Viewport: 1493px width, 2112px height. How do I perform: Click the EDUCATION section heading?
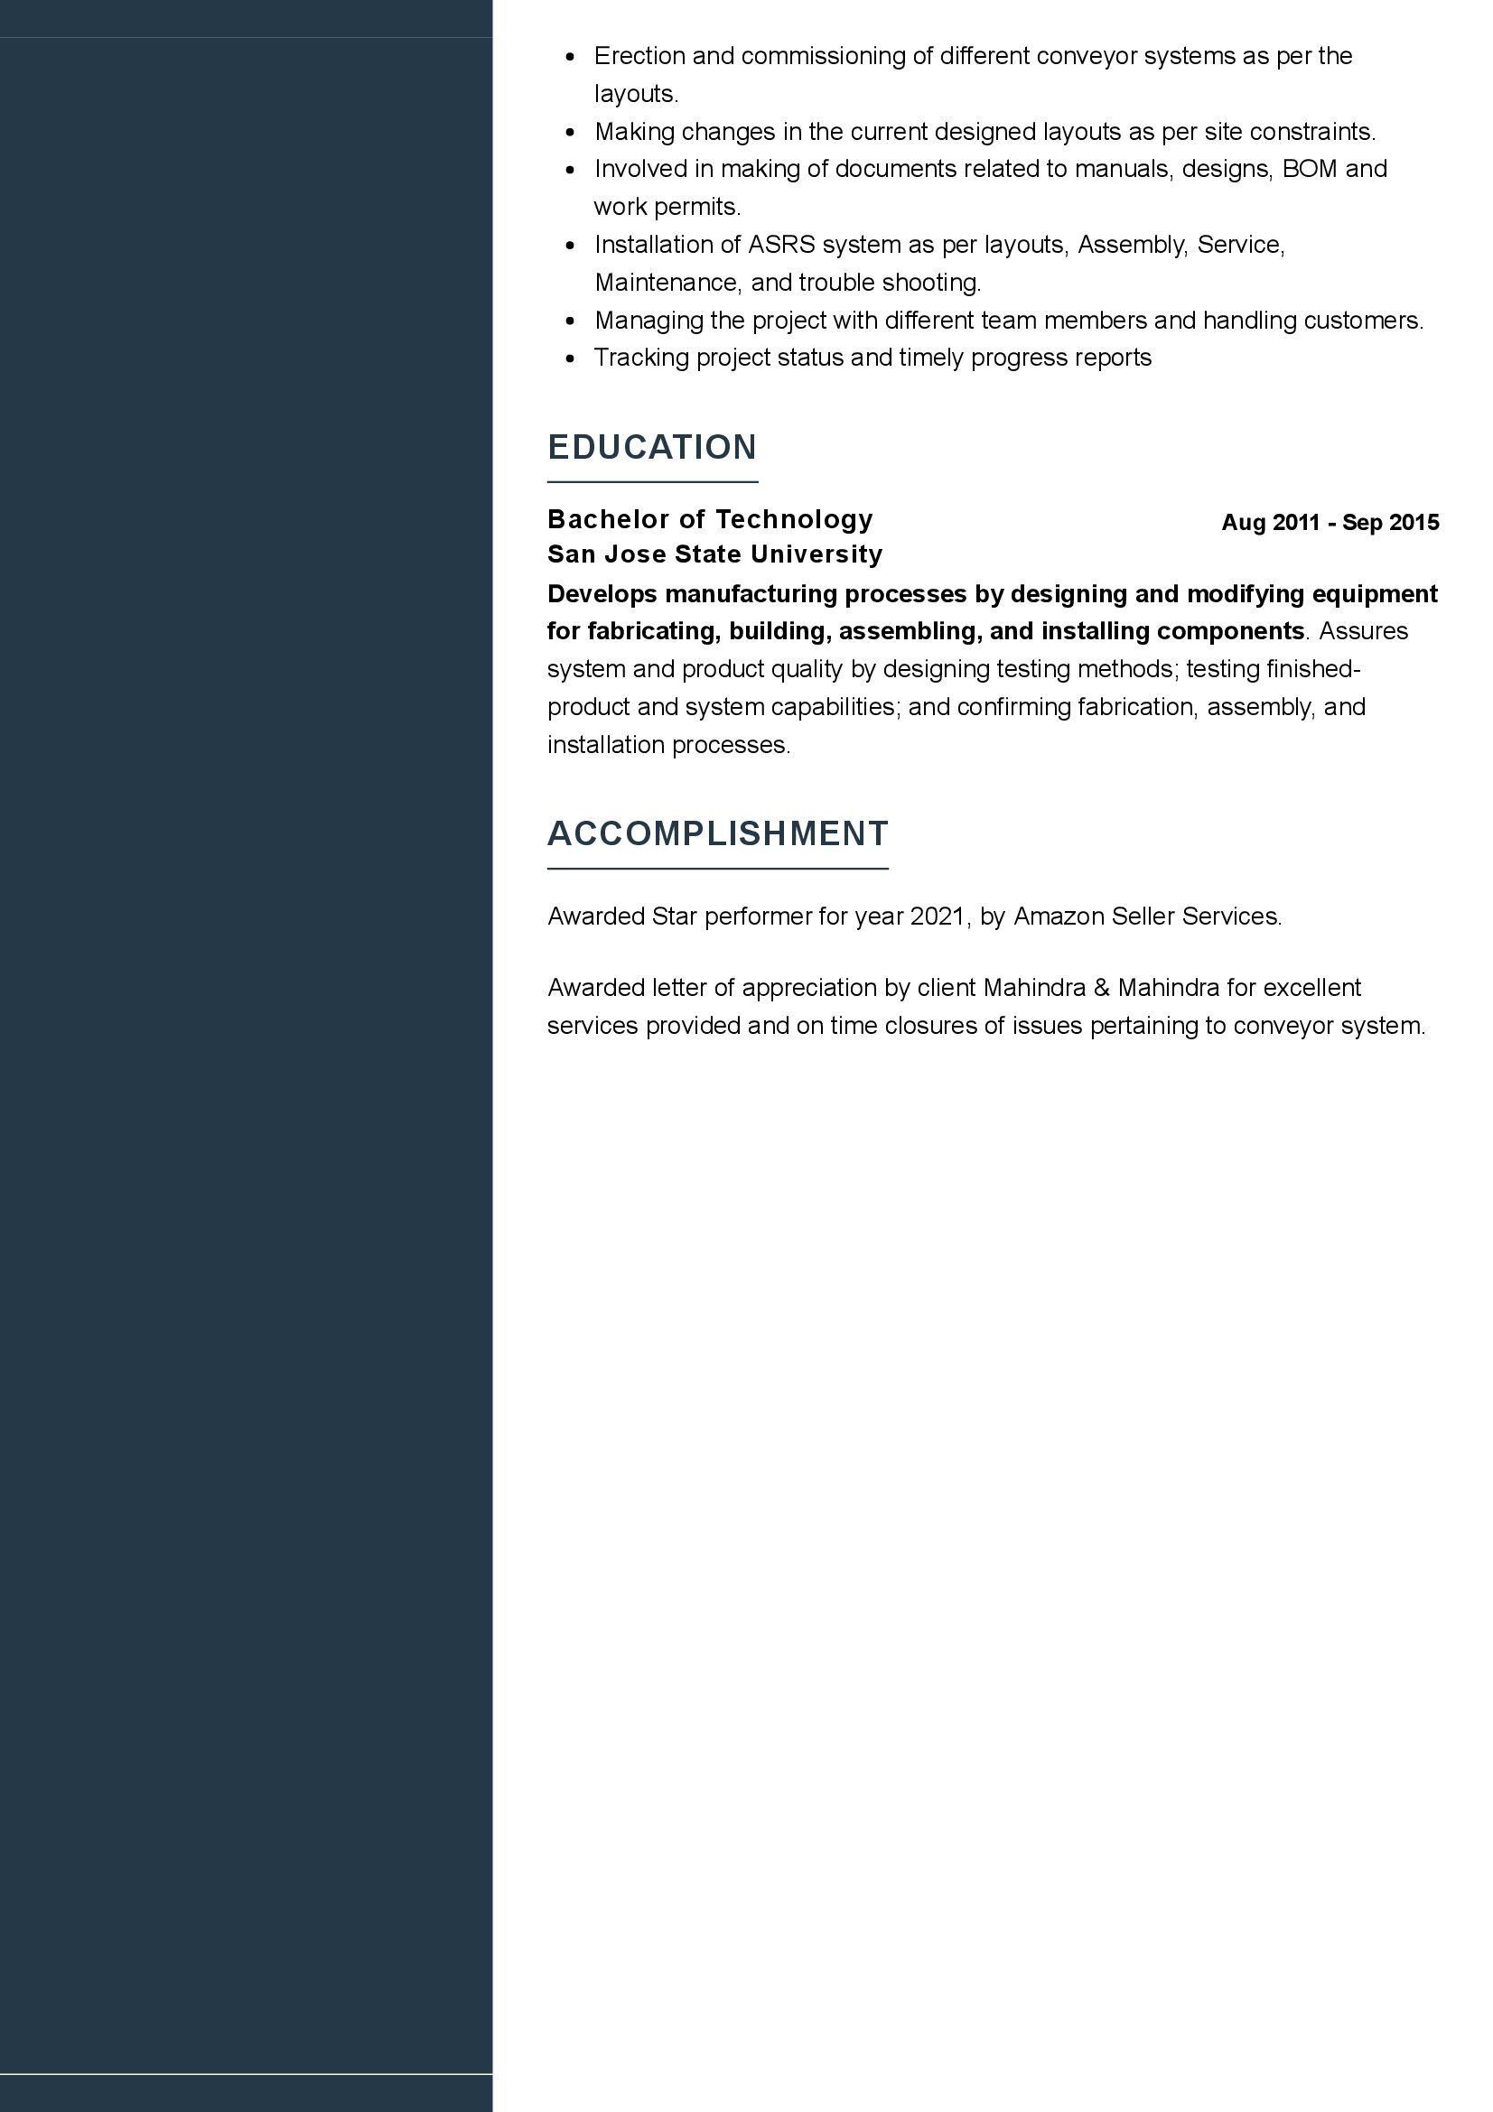click(x=651, y=447)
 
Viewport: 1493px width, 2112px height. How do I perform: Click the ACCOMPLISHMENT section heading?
click(x=717, y=833)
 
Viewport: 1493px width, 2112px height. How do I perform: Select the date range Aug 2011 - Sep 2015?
click(x=1330, y=523)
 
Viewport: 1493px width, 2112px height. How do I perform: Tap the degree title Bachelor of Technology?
click(x=709, y=519)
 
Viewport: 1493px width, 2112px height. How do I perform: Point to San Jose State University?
click(x=714, y=554)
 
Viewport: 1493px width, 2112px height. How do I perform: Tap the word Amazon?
click(x=1059, y=916)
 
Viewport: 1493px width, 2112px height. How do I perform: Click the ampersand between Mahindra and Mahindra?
click(x=1102, y=988)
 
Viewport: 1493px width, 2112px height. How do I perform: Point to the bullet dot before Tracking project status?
click(x=571, y=358)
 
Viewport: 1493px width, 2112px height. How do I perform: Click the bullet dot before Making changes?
click(x=571, y=133)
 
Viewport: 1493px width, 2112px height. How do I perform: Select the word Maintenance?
click(x=666, y=283)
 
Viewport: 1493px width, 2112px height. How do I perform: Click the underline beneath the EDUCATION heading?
click(x=651, y=482)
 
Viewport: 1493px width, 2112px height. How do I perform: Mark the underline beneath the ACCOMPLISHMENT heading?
click(x=717, y=869)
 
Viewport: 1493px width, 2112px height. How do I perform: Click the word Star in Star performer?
click(x=675, y=916)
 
